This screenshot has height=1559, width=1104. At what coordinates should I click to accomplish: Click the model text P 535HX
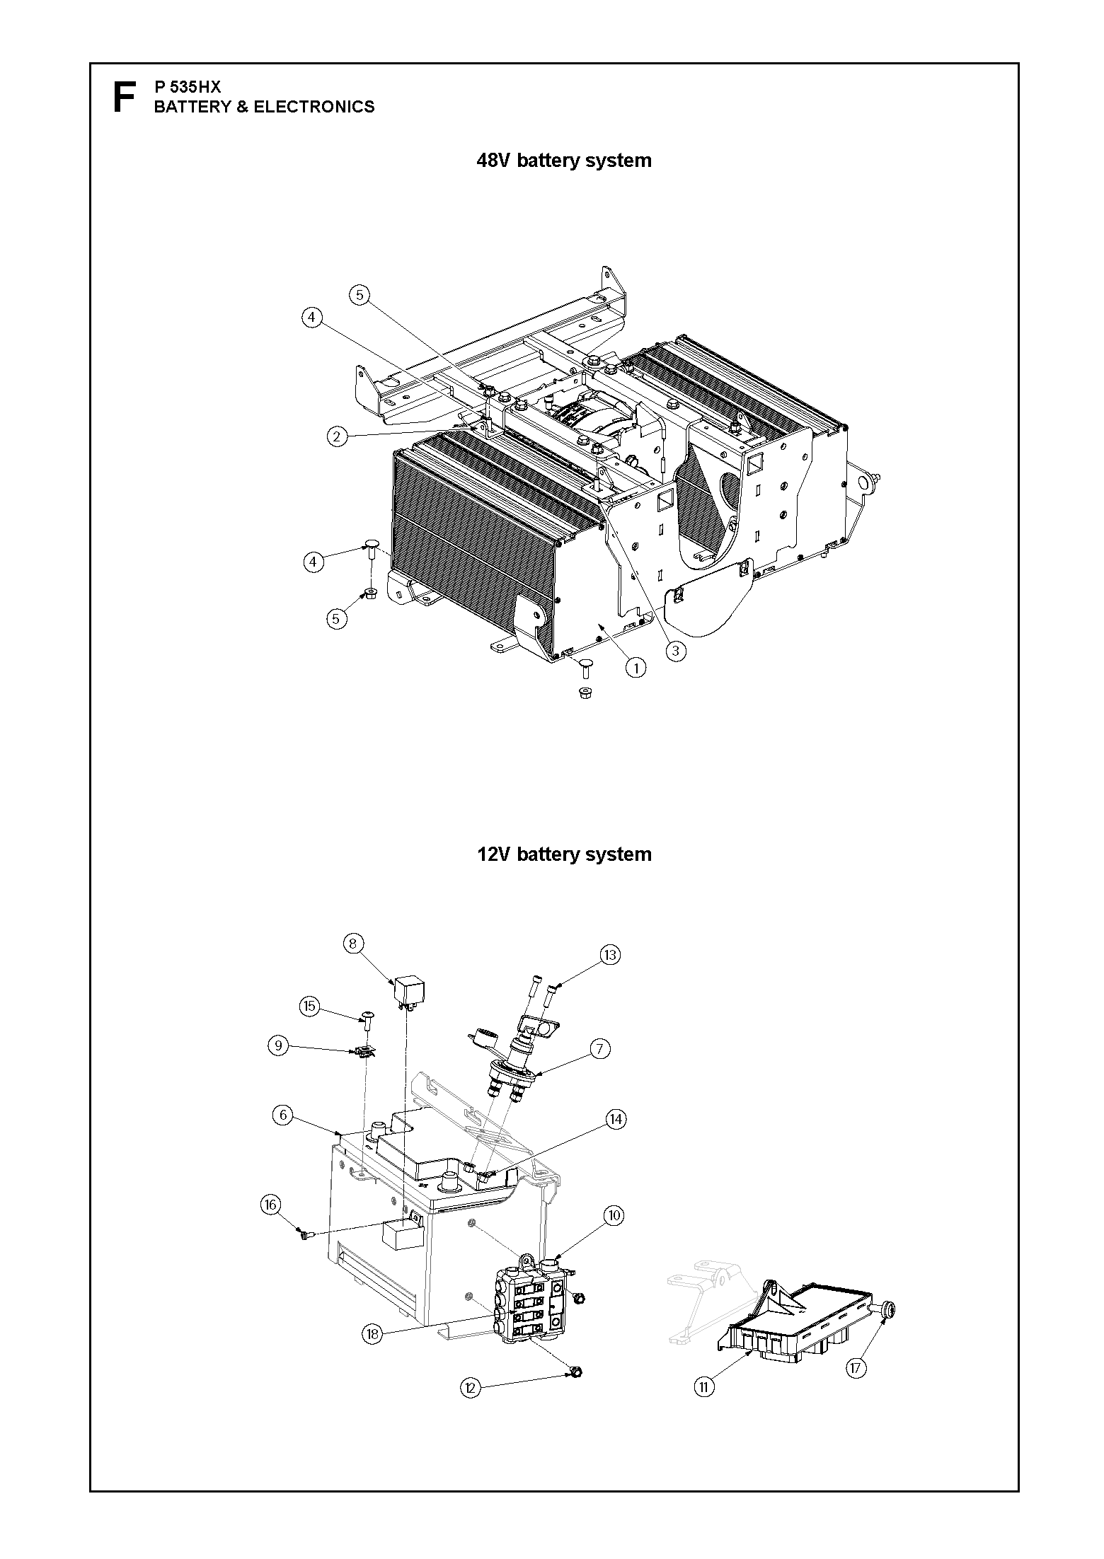pyautogui.click(x=188, y=87)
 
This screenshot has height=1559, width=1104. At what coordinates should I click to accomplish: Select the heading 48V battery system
pyautogui.click(x=564, y=161)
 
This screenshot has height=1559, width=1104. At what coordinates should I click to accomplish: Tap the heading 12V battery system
pyautogui.click(x=564, y=854)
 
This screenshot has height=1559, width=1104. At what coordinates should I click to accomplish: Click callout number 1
pyautogui.click(x=636, y=667)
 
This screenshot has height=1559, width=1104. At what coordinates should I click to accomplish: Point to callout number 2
pyautogui.click(x=337, y=437)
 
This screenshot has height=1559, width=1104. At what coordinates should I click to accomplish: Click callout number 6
pyautogui.click(x=282, y=1115)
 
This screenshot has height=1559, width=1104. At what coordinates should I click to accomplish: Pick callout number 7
pyautogui.click(x=599, y=1048)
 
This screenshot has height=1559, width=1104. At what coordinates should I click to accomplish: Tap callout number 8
pyautogui.click(x=353, y=944)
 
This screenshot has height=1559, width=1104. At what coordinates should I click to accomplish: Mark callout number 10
pyautogui.click(x=613, y=1215)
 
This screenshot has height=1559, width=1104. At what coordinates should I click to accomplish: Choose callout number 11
pyautogui.click(x=703, y=1387)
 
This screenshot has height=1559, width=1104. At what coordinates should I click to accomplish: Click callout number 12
pyautogui.click(x=470, y=1388)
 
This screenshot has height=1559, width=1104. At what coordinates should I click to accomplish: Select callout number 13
pyautogui.click(x=610, y=955)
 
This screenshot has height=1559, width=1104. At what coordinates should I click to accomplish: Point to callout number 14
pyautogui.click(x=616, y=1119)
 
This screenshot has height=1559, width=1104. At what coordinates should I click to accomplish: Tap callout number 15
pyautogui.click(x=310, y=1006)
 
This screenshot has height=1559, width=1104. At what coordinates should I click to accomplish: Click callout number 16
pyautogui.click(x=271, y=1205)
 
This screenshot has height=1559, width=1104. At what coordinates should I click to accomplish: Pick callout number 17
pyautogui.click(x=856, y=1368)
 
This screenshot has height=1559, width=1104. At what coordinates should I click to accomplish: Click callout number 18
pyautogui.click(x=372, y=1334)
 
